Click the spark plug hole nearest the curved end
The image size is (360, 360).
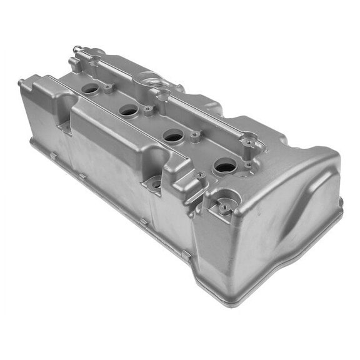[x=225, y=166]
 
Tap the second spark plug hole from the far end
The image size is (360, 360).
[x=129, y=111]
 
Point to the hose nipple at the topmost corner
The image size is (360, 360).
[x=76, y=49]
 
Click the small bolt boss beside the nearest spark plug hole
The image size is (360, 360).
[x=199, y=176]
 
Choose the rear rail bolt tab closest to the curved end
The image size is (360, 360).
[x=251, y=143]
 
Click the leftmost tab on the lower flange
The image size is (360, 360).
[x=54, y=154]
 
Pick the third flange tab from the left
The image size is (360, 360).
[x=144, y=221]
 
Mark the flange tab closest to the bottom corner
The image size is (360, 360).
[x=186, y=254]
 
